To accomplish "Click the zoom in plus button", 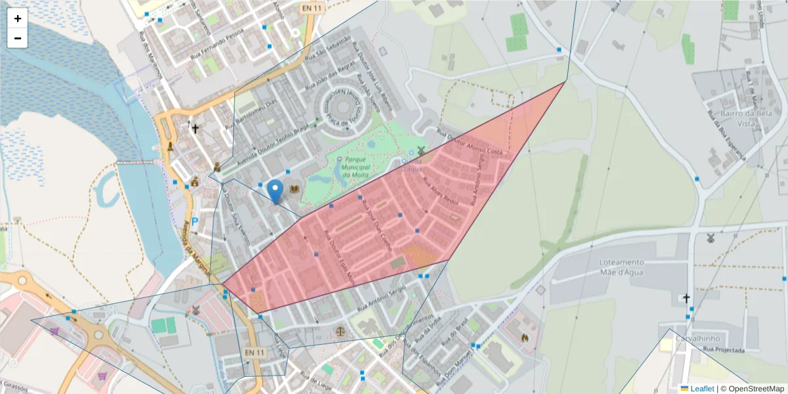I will point(18,18).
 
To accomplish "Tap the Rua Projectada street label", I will point(723,349).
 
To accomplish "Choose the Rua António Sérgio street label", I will point(382,299).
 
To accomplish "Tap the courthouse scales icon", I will point(340,330).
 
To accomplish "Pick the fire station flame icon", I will point(525,337).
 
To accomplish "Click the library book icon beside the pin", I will point(294,190).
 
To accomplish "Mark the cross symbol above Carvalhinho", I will point(686,299).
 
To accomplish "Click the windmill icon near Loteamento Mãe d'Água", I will point(709,238).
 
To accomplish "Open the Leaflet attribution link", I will point(701,389).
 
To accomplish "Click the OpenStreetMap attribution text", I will point(753,389).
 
